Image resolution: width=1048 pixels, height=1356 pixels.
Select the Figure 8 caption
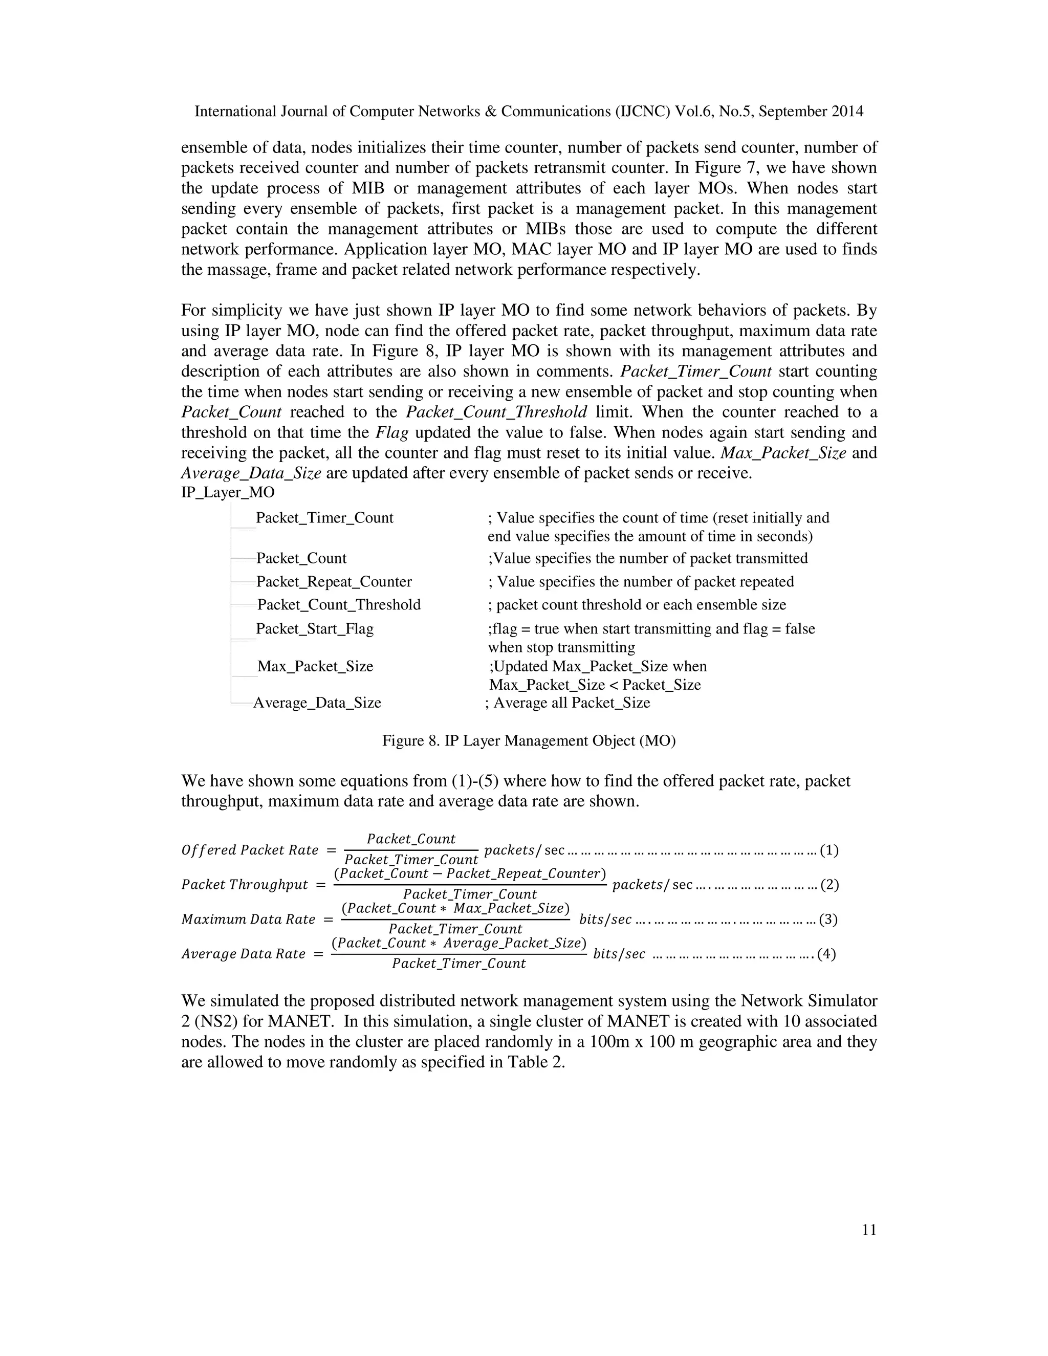pyautogui.click(x=528, y=741)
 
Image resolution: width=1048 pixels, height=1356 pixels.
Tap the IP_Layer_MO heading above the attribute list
pyautogui.click(x=227, y=492)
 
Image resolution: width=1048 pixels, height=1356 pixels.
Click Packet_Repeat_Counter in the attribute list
pyautogui.click(x=334, y=582)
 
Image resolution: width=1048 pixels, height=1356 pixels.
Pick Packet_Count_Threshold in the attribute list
pyautogui.click(x=339, y=605)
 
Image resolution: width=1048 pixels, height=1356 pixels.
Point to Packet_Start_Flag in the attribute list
pyautogui.click(x=315, y=629)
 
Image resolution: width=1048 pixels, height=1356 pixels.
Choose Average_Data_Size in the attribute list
pyautogui.click(x=317, y=703)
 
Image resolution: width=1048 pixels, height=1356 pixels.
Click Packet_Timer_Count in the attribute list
pyautogui.click(x=325, y=518)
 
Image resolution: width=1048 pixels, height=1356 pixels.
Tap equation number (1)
pyautogui.click(x=829, y=850)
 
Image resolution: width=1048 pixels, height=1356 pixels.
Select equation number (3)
pyautogui.click(x=828, y=920)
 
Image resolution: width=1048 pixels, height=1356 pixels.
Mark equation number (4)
pyautogui.click(x=826, y=954)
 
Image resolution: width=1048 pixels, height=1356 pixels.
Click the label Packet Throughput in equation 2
pyautogui.click(x=245, y=885)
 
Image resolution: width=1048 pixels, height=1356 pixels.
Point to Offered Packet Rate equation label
pyautogui.click(x=250, y=850)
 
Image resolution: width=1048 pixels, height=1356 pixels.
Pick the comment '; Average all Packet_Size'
pyautogui.click(x=567, y=703)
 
